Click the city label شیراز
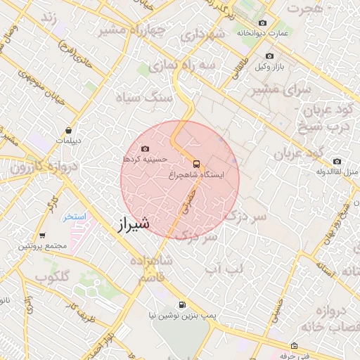coord(131,224)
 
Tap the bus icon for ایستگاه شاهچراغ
coord(196,161)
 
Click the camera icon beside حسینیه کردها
coord(146,148)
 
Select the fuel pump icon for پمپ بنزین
coord(183,305)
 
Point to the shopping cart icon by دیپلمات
coord(68,129)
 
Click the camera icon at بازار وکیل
coord(269,56)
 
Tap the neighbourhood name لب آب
coord(223,269)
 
